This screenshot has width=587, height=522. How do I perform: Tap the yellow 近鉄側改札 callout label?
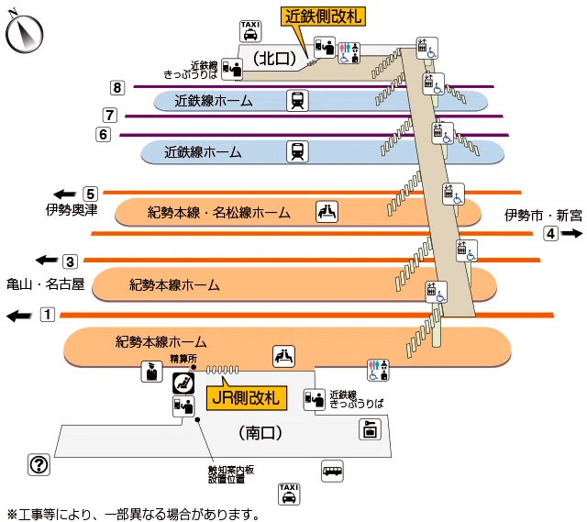tap(323, 17)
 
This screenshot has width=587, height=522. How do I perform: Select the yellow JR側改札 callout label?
tap(247, 397)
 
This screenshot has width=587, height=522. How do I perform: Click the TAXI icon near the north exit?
tap(250, 31)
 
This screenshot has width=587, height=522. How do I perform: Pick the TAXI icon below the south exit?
tap(289, 494)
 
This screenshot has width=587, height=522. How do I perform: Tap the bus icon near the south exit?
tap(332, 471)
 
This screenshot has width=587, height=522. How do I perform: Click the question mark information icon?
tap(39, 465)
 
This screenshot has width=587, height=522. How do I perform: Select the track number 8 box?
tap(117, 88)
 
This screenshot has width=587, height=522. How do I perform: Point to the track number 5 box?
tap(90, 194)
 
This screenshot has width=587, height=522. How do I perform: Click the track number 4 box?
tap(550, 234)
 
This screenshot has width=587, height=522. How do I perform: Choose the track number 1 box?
tap(48, 314)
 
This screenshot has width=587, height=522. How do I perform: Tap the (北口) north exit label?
tap(275, 58)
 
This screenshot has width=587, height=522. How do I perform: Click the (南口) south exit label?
tap(260, 433)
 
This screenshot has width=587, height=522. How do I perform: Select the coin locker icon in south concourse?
tap(371, 429)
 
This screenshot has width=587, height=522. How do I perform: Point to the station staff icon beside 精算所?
tap(151, 372)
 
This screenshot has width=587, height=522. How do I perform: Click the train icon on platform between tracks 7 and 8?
tap(297, 100)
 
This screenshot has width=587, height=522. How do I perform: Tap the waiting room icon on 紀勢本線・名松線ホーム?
tap(327, 212)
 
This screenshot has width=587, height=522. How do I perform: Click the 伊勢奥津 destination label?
tap(72, 210)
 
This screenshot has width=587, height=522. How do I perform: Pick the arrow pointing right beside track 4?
tap(571, 233)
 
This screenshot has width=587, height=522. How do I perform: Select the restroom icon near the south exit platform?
tap(379, 370)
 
